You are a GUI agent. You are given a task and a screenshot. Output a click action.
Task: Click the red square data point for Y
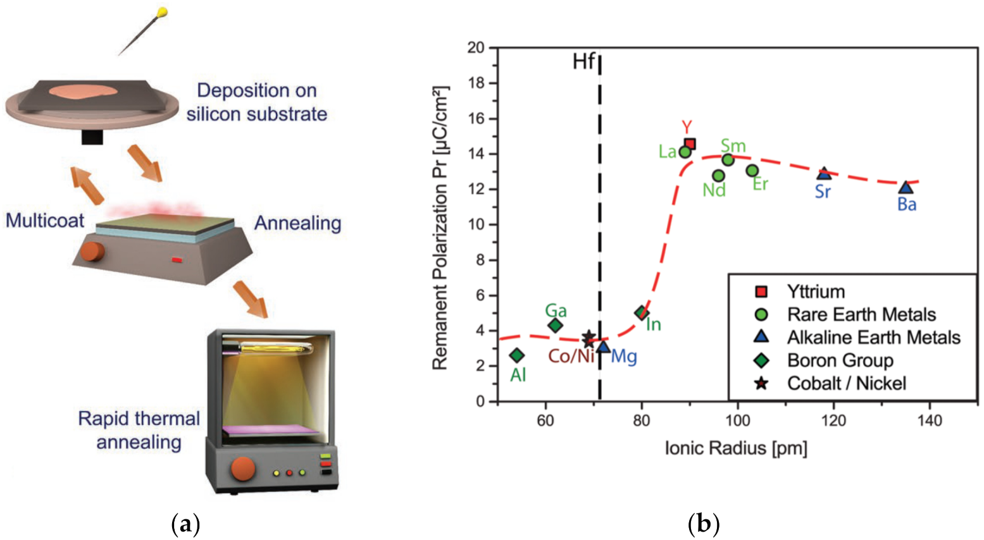coord(690,144)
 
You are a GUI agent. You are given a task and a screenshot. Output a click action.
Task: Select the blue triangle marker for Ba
coord(906,187)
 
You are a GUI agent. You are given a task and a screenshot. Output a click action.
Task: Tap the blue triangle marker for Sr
coord(824,173)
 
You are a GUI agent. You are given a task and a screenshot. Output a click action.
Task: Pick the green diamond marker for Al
coord(517,355)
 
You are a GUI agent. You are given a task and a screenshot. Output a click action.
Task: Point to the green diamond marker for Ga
coord(555,326)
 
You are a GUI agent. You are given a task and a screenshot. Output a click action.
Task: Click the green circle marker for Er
coord(752,170)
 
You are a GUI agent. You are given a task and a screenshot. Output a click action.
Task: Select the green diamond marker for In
coord(642,312)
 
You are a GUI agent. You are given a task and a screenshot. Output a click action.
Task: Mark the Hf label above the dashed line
coord(583,61)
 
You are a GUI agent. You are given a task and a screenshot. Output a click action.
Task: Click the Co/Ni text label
coord(571,357)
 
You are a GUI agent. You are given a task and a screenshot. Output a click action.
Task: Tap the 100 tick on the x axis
coord(737,420)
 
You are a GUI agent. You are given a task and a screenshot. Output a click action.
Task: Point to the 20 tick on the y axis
coord(476,48)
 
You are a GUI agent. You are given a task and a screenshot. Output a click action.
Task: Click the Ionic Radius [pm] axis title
coord(736,448)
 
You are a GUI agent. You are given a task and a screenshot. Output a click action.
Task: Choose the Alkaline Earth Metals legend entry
coord(873,338)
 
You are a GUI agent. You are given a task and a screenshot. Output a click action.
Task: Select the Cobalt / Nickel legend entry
coord(846,383)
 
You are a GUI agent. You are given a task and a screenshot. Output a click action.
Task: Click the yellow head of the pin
coord(162,11)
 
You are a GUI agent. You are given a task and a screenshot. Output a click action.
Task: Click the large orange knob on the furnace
coord(243,469)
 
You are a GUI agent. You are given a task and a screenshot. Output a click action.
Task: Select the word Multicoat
coord(45,221)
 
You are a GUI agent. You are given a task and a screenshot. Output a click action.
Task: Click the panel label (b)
coord(703,524)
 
